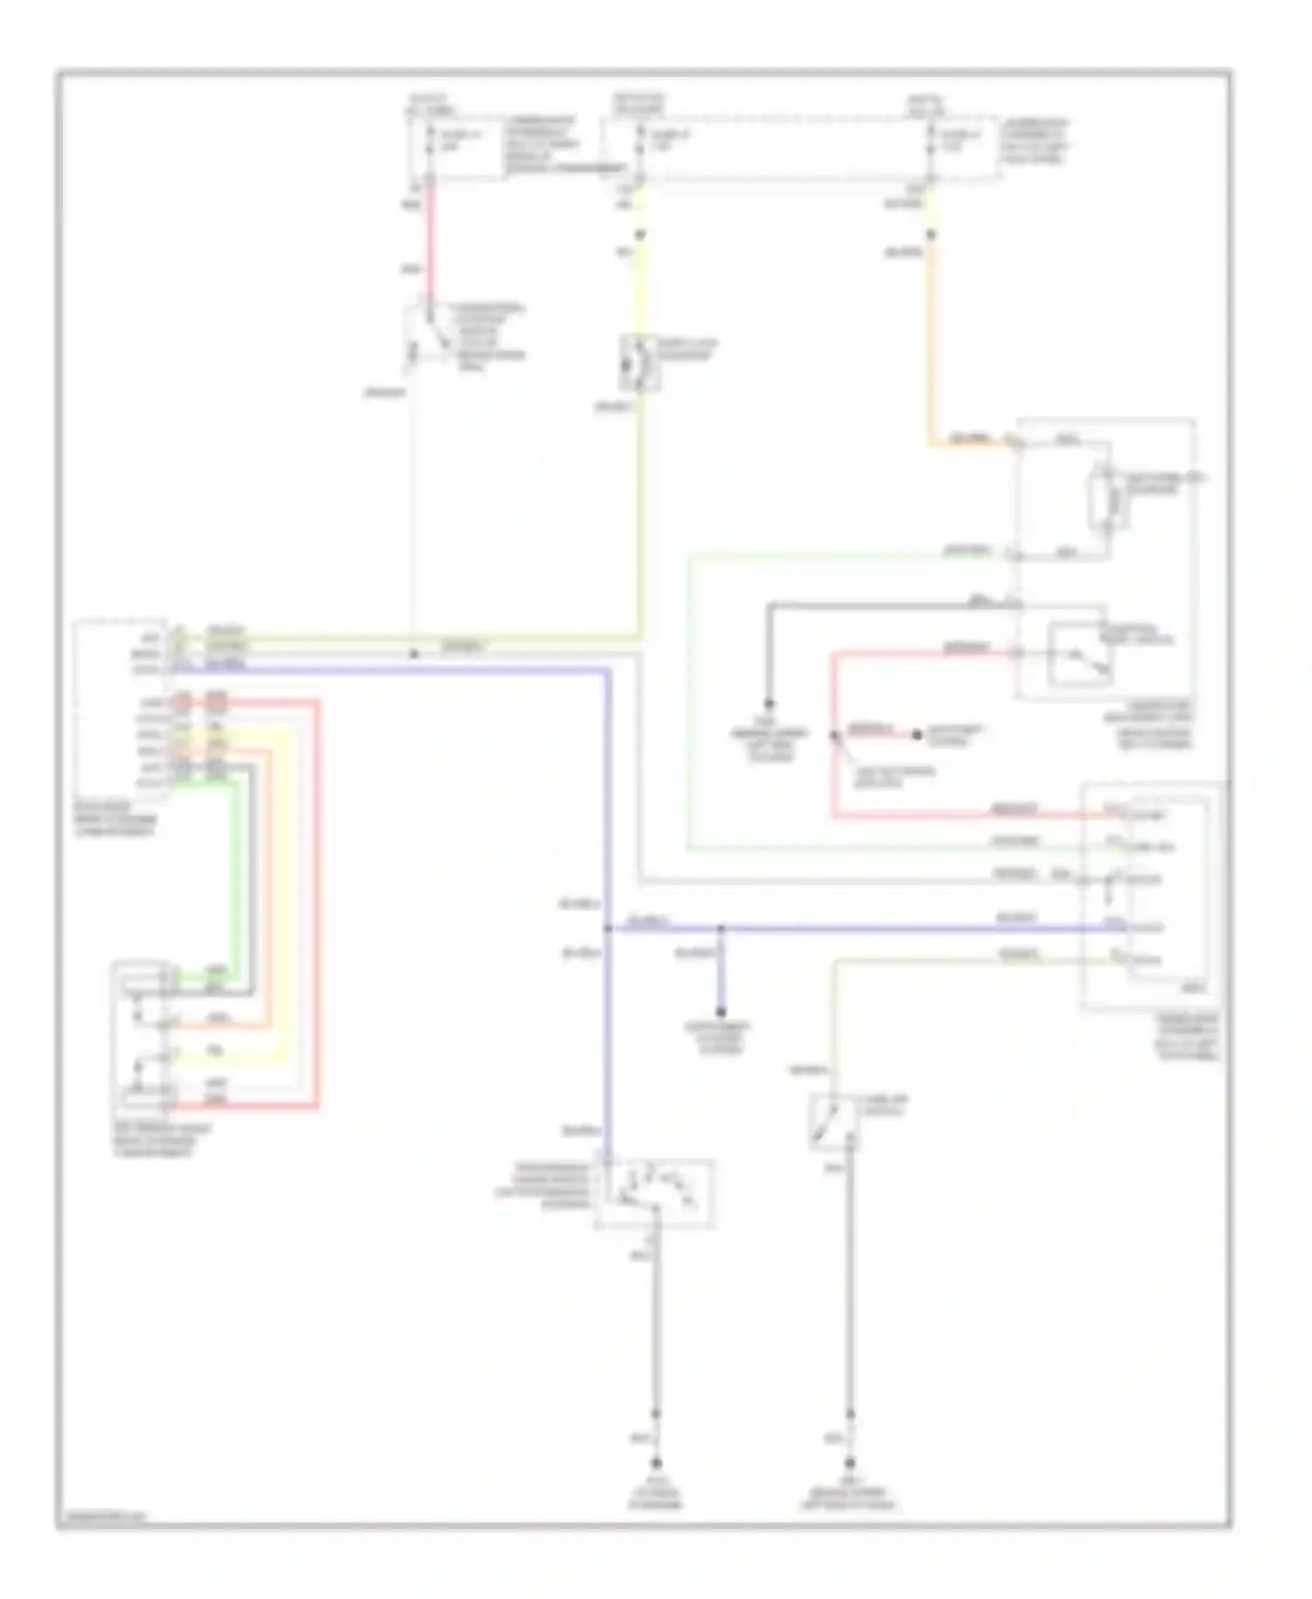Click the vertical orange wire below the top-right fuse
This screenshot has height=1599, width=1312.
tap(930, 350)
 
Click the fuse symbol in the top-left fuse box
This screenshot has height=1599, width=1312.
tap(429, 144)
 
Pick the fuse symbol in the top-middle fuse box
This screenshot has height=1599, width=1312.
tap(639, 144)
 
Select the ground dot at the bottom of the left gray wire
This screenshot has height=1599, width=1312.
tap(655, 1463)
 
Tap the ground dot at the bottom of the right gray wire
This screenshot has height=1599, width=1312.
tap(849, 1463)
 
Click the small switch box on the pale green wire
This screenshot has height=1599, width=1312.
tap(833, 1122)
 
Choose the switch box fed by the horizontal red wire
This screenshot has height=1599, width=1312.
tap(1081, 653)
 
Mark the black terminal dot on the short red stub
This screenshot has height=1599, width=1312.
tap(917, 735)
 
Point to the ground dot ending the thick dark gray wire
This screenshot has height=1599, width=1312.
tap(770, 703)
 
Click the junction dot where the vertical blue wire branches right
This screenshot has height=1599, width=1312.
tap(607, 928)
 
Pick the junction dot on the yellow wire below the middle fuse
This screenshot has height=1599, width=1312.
tap(639, 234)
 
